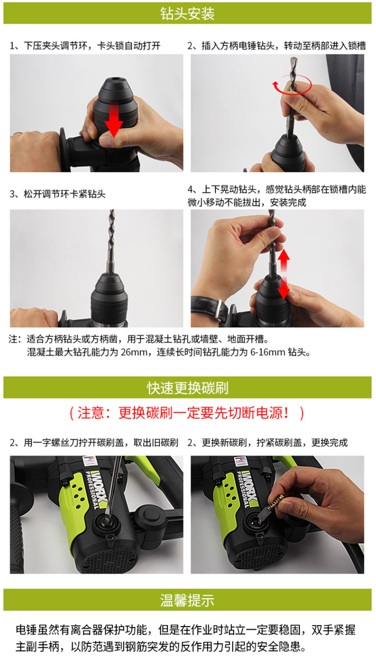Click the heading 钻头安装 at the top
[188, 13]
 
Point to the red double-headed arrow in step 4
[284, 274]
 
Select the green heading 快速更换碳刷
[188, 387]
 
